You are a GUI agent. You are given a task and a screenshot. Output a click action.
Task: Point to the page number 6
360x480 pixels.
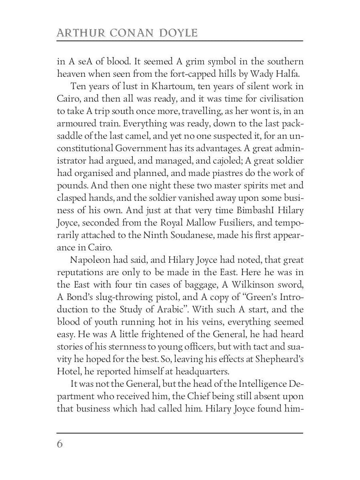[60, 444]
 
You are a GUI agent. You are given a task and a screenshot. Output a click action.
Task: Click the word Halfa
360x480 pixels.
[288, 74]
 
